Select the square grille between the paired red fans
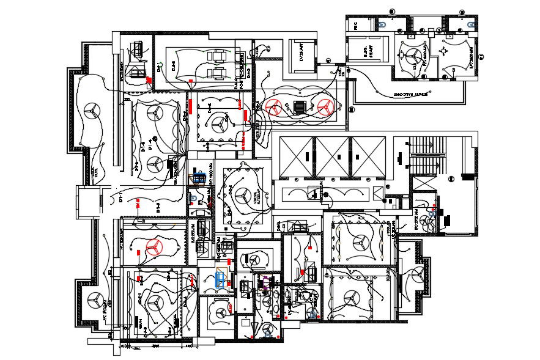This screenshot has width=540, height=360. coord(298,106)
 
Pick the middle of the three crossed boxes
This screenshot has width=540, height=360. coord(334,156)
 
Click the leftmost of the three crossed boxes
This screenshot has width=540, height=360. coord(296,156)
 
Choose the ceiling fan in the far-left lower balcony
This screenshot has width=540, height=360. coord(94,300)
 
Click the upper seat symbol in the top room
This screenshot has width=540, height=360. coord(215,57)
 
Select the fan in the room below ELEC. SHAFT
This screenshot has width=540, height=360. coord(410,58)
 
